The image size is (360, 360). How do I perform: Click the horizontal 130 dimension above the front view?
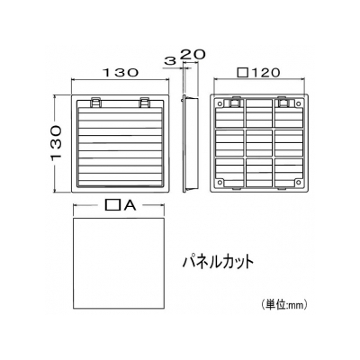pos(121,73)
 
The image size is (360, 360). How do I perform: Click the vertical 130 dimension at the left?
pos(57,143)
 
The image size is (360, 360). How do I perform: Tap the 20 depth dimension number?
pos(193,54)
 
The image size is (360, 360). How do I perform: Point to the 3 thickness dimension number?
pos(170,61)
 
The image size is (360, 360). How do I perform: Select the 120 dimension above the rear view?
pos(265,72)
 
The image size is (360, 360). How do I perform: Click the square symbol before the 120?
pos(243,72)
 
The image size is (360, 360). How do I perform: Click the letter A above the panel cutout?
pos(130,205)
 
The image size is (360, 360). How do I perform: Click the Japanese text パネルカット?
pos(219,262)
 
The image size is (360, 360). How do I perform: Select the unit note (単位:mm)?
pos(283,305)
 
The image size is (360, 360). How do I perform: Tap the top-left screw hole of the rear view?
pos(220,103)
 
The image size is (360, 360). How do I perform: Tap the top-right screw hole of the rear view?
pos(298,103)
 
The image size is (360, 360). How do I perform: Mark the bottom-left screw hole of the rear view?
pos(220,182)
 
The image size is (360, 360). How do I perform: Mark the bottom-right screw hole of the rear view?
pos(298,182)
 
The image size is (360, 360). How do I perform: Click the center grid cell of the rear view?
pos(259,142)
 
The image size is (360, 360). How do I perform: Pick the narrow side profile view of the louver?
pos(190,143)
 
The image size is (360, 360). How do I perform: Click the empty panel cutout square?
pos(119,264)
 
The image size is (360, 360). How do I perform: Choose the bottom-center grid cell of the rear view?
pos(259,172)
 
